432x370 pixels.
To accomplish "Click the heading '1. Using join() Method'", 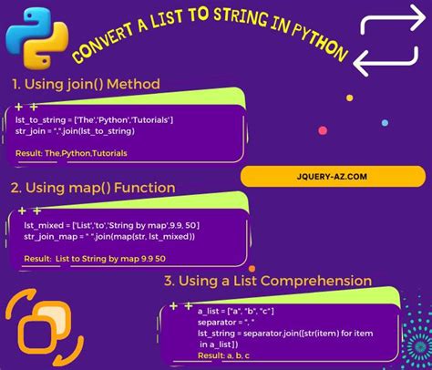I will click(87, 84).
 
